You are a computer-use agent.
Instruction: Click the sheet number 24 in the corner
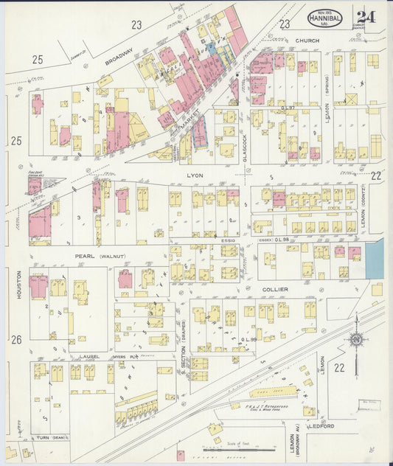366,17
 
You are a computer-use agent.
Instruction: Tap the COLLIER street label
274,290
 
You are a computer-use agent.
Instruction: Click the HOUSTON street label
18,283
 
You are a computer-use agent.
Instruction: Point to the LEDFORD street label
322,426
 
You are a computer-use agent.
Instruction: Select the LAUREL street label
89,356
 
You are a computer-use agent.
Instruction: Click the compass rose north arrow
356,339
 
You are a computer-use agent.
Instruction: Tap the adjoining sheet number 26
16,339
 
